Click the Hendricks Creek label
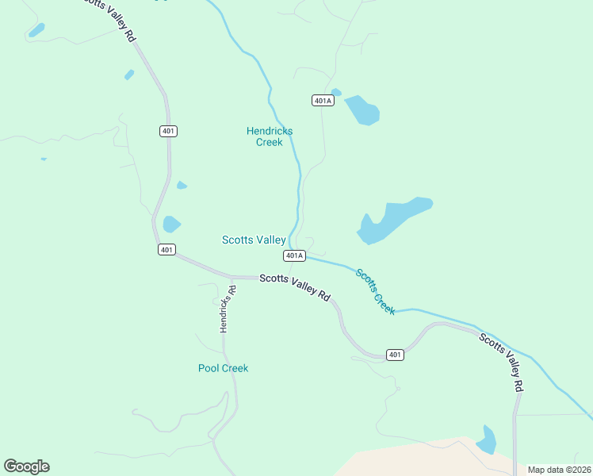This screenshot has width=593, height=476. (x=270, y=136)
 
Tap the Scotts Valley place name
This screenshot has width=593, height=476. (x=254, y=240)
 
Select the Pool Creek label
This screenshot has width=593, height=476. (x=223, y=368)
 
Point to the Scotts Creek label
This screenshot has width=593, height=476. (x=375, y=292)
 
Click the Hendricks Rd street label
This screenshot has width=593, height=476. (x=228, y=309)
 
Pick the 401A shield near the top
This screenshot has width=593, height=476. (x=323, y=101)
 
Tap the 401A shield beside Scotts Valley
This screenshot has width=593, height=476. (x=294, y=255)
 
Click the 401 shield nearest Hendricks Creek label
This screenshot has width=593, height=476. (x=168, y=131)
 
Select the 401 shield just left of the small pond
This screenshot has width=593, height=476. (x=166, y=249)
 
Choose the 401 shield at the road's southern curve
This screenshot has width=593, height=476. (x=395, y=355)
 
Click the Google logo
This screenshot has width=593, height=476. (x=26, y=466)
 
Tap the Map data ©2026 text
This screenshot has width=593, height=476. (x=559, y=470)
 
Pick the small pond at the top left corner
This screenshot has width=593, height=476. (x=36, y=30)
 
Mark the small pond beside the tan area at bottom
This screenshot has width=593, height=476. (x=486, y=440)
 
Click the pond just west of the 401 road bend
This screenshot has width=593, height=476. (x=171, y=225)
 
